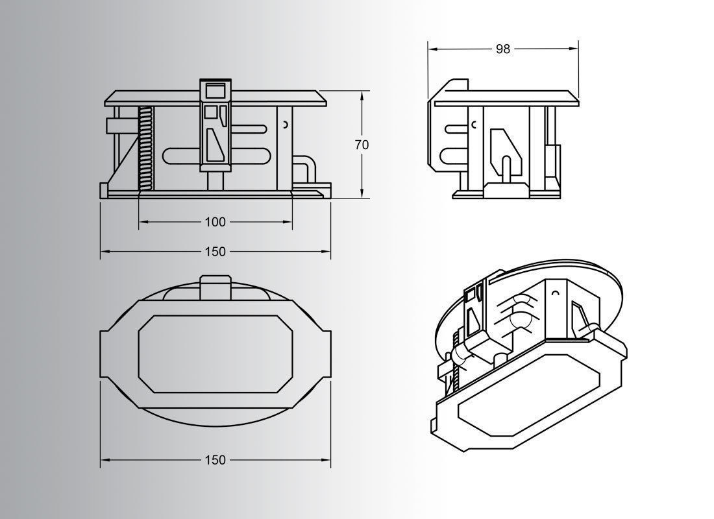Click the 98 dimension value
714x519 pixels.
click(503, 49)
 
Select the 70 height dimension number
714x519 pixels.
click(362, 145)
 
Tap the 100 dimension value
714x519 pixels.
click(215, 222)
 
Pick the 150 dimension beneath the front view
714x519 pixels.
click(215, 252)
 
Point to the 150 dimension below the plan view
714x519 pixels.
click(215, 460)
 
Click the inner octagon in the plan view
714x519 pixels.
click(215, 354)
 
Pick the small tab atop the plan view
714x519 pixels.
click(215, 286)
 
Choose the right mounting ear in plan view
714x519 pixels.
click(325, 354)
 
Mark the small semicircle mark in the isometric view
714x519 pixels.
click(555, 294)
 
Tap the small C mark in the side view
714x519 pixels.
click(474, 124)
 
